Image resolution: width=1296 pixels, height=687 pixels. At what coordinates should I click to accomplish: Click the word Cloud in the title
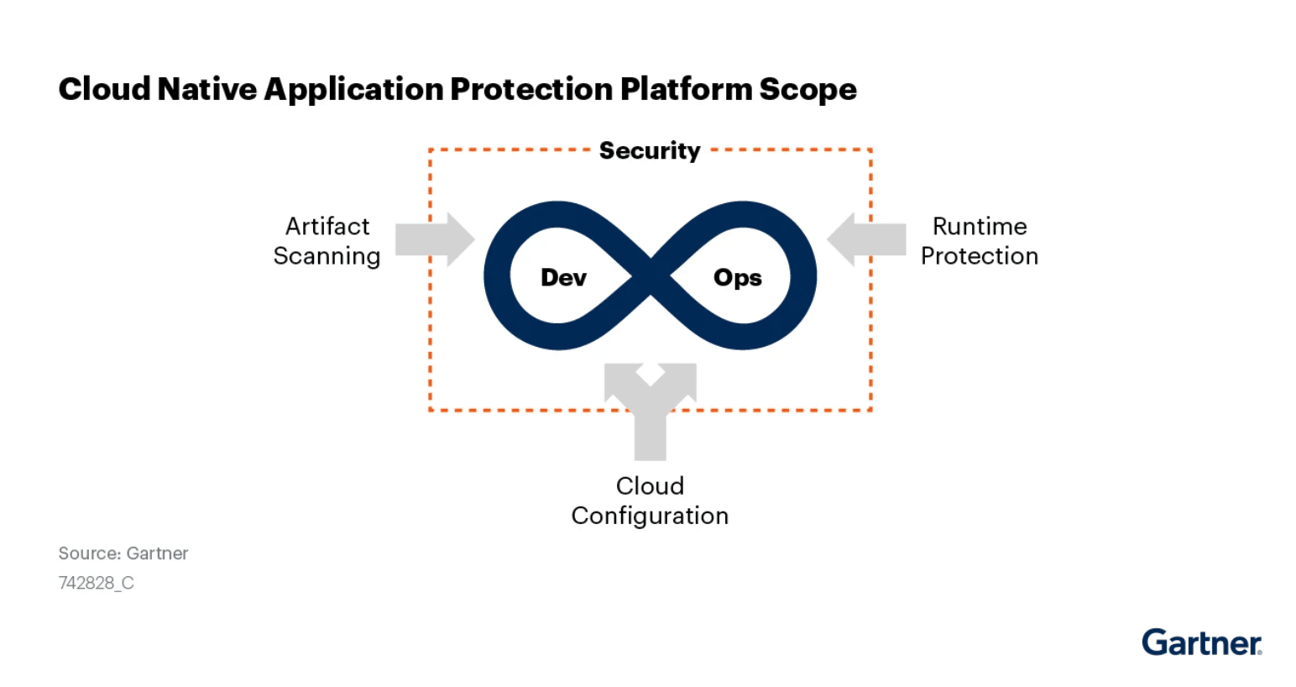(x=104, y=89)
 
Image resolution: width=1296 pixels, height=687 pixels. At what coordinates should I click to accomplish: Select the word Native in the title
(x=206, y=89)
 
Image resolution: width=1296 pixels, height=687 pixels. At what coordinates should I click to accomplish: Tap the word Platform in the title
(x=686, y=89)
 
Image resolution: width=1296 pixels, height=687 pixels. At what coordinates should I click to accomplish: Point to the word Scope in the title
(x=807, y=90)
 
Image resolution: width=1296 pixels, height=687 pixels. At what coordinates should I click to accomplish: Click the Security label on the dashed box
(x=650, y=151)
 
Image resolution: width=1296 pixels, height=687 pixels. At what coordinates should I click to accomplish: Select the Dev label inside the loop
(x=563, y=278)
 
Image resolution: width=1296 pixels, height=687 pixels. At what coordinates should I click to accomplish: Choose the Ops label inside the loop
(x=737, y=278)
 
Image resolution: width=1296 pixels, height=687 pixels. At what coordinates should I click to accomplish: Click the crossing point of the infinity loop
(x=651, y=275)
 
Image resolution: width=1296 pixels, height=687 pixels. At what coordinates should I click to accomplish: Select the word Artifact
(x=327, y=227)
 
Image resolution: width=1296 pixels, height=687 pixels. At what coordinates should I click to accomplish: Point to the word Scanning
(x=327, y=256)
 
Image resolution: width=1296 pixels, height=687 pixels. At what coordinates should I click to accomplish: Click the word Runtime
(x=980, y=227)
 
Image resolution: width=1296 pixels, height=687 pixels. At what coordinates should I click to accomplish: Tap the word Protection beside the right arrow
(x=980, y=256)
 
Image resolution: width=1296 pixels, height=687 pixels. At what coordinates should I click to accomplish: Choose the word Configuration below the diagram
(x=650, y=516)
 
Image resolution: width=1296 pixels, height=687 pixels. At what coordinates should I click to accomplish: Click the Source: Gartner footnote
(x=123, y=553)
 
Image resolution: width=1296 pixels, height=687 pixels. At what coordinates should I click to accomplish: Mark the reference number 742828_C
(x=96, y=583)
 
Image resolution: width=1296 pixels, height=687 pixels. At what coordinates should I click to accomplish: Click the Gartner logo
(x=1201, y=642)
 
